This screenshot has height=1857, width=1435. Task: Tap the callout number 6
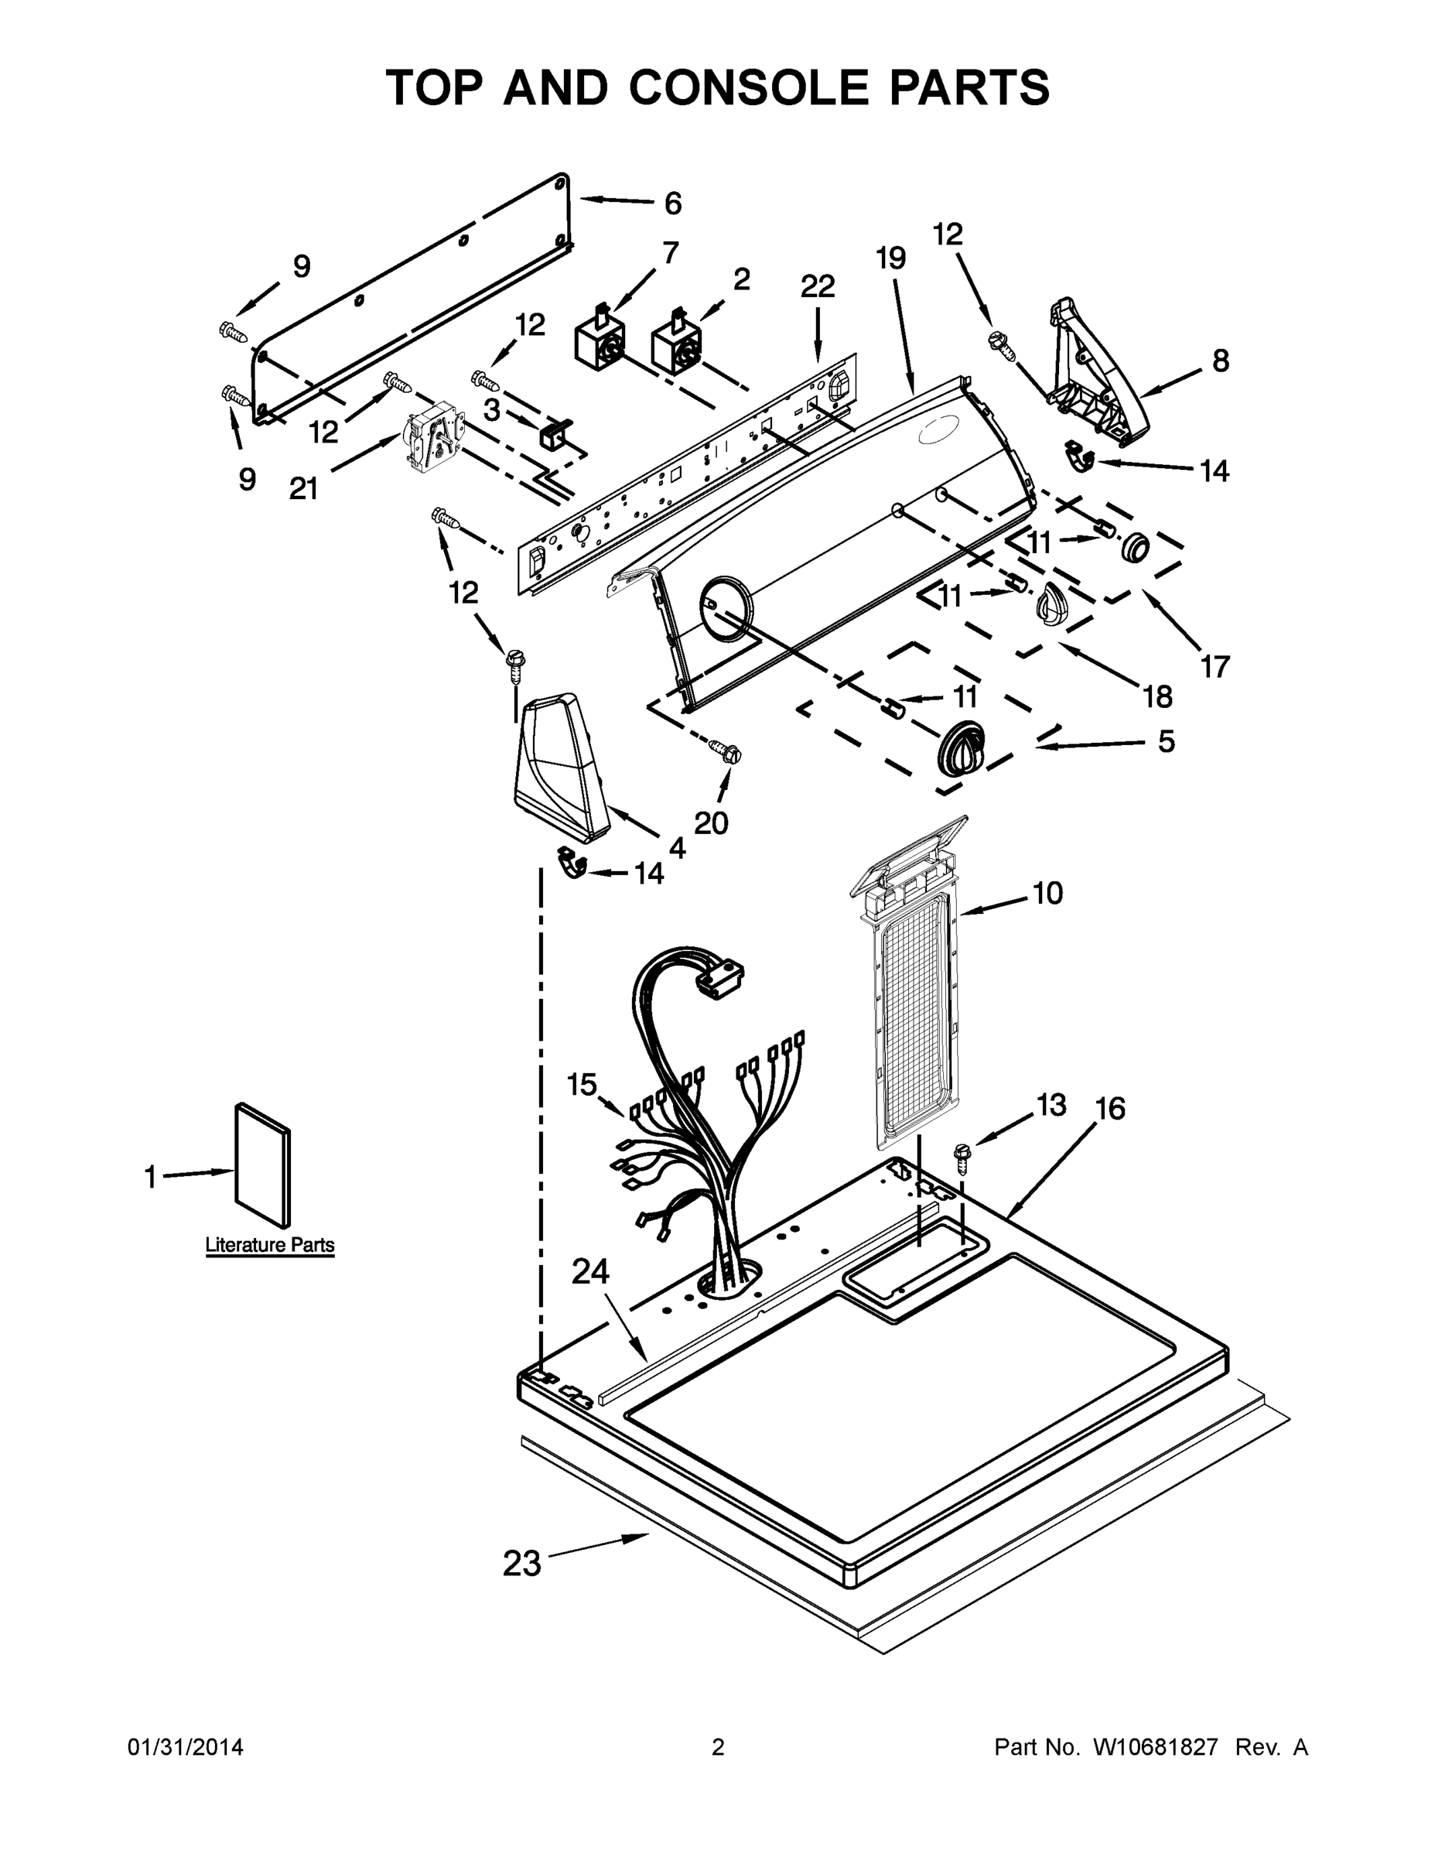point(672,203)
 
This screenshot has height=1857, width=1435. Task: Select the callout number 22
point(817,286)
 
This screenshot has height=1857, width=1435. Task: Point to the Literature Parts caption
point(269,1245)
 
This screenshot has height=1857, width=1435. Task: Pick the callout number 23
point(521,1563)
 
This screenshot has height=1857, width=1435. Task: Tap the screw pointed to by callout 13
point(962,1154)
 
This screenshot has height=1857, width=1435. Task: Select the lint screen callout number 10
point(1047,893)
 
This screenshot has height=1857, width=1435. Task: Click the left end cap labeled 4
point(559,764)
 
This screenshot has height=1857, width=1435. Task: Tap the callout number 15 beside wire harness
point(583,1084)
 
